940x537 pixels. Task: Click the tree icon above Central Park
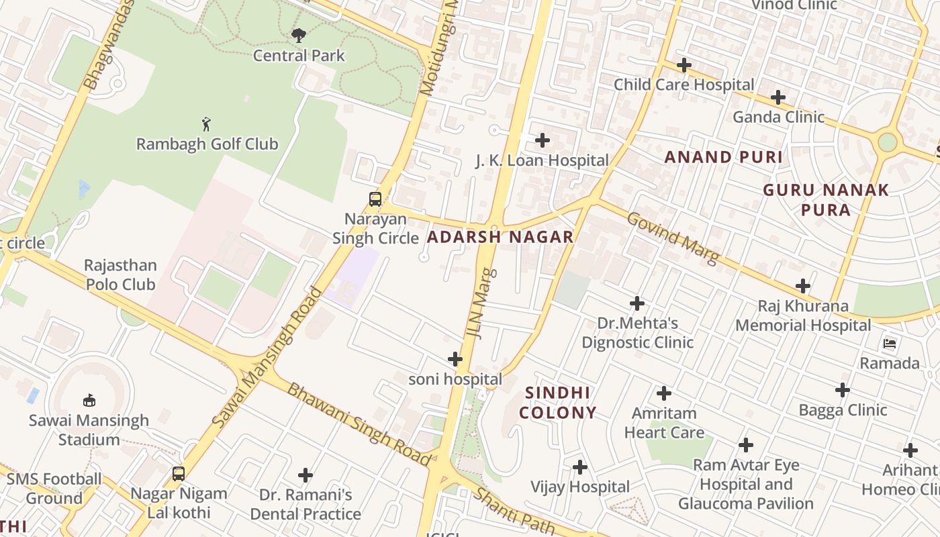[x=299, y=35]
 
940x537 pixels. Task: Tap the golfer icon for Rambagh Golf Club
[x=207, y=124]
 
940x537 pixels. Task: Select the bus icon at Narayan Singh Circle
[x=375, y=199]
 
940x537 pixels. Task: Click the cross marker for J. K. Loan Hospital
[x=542, y=140]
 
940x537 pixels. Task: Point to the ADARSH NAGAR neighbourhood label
[x=500, y=237]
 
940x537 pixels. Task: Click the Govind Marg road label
[x=673, y=238]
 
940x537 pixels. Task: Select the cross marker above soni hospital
[x=455, y=359]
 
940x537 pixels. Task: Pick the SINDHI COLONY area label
[x=557, y=402]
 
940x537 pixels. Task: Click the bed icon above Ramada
[x=890, y=344]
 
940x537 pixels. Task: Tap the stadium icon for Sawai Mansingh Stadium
[x=89, y=401]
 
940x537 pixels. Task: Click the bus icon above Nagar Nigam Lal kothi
[x=179, y=474]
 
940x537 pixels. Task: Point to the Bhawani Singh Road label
[x=359, y=424]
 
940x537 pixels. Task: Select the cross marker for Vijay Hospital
[x=580, y=467]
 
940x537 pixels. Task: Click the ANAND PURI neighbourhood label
[x=723, y=157]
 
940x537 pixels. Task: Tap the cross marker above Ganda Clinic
[x=778, y=97]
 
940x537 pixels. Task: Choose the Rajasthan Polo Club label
[x=120, y=275]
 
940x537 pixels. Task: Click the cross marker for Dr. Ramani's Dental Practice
[x=305, y=475]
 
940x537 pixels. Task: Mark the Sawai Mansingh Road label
[x=267, y=357]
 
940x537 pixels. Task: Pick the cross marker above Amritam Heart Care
[x=664, y=393]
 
